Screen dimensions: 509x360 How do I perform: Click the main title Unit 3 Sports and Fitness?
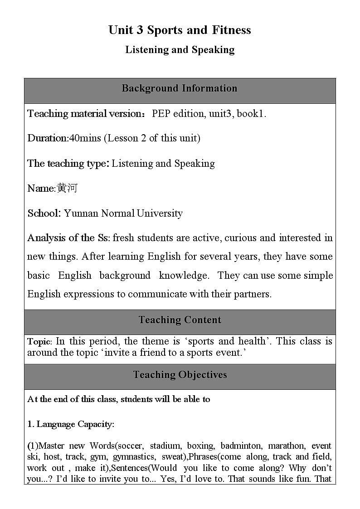(180, 30)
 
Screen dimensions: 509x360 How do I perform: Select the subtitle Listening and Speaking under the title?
(180, 50)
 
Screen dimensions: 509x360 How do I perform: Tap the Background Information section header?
(180, 88)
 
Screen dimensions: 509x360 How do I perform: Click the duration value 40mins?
(85, 138)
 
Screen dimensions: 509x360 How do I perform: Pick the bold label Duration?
(47, 138)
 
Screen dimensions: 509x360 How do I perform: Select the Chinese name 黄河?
(67, 188)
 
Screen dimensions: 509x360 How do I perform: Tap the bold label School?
(44, 213)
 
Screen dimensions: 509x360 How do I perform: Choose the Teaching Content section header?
(180, 320)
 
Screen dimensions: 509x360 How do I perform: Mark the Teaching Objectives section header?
(180, 375)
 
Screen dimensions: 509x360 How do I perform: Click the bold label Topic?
(39, 342)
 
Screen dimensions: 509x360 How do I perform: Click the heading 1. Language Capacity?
(71, 424)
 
